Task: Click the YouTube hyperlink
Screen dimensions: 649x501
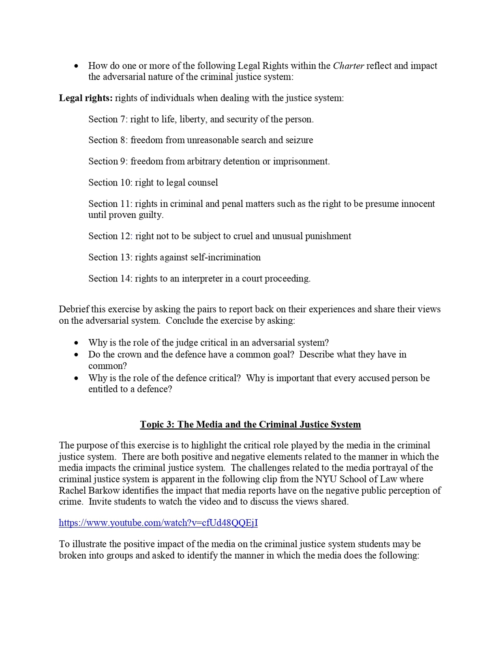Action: coord(158,522)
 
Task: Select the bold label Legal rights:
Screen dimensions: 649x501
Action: coord(86,98)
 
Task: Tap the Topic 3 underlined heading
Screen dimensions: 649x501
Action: coord(250,424)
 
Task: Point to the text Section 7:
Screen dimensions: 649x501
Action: coord(108,119)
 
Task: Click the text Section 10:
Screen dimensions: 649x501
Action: coord(110,183)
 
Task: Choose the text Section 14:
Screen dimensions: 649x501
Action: coord(110,279)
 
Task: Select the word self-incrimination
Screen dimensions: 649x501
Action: coord(231,257)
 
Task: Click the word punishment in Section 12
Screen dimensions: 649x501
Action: coord(328,236)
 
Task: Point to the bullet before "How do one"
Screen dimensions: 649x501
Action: coord(76,66)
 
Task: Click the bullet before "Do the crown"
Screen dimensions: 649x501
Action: coord(76,355)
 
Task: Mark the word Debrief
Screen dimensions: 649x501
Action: coord(73,309)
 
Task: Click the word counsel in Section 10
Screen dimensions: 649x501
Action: coord(203,183)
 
